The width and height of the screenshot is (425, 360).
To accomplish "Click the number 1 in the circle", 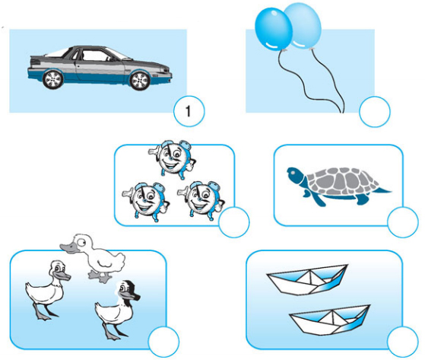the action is tap(188, 111).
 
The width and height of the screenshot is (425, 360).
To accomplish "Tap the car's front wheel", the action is tap(140, 81).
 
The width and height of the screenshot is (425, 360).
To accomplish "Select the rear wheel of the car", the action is tap(53, 80).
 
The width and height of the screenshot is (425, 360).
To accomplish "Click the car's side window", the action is tap(96, 56).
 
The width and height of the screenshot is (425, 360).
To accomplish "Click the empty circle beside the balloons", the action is tap(375, 111).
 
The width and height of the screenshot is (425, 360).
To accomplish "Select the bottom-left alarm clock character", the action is tap(145, 201).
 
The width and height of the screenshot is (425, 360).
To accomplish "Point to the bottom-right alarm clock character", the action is tap(201, 200).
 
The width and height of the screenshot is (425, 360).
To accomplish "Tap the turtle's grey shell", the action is tap(343, 181).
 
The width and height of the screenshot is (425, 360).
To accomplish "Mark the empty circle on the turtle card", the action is tap(403, 222).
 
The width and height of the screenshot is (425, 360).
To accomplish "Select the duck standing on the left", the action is tap(47, 290).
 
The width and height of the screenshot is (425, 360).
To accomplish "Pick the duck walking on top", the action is tap(94, 257).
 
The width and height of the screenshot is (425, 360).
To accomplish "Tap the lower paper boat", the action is tap(330, 320).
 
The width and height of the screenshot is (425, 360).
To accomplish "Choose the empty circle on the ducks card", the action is tap(163, 342).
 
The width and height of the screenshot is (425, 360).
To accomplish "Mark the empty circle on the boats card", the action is tap(403, 341).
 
